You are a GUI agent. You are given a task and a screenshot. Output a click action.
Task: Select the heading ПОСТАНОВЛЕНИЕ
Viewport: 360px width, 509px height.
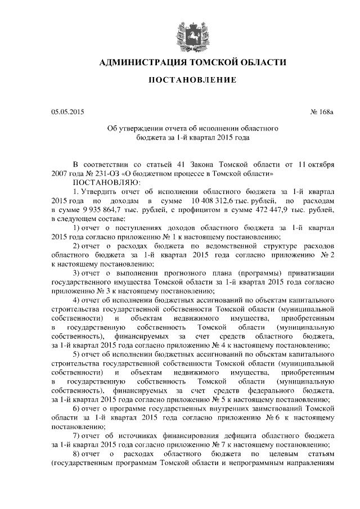(192, 82)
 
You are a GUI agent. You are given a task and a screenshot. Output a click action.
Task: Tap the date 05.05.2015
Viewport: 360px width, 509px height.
(67, 112)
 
